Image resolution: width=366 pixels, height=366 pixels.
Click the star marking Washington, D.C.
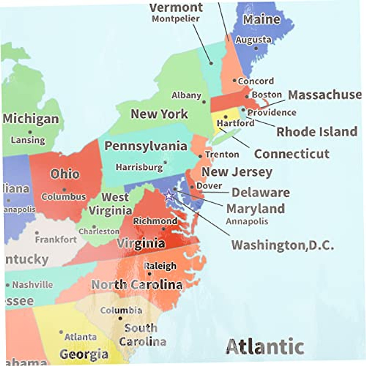(x=169, y=195)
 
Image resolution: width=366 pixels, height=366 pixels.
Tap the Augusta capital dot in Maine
(x=256, y=48)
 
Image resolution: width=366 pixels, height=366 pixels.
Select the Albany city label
(x=186, y=95)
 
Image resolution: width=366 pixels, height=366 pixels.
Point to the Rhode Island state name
(x=317, y=132)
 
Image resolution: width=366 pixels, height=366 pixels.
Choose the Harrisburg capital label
(x=139, y=167)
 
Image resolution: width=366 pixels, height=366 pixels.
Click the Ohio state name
(x=65, y=174)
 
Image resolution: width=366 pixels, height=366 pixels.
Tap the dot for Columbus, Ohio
(x=64, y=190)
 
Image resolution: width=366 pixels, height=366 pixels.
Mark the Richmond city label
(x=155, y=221)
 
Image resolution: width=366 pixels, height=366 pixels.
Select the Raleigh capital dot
(x=149, y=274)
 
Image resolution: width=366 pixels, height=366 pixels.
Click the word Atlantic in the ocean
(x=265, y=346)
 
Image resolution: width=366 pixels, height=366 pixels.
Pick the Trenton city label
(x=222, y=155)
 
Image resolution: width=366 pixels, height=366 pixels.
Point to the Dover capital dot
(x=192, y=187)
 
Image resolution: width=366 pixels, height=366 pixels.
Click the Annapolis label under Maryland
(x=247, y=221)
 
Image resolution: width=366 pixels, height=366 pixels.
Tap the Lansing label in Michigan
(x=28, y=140)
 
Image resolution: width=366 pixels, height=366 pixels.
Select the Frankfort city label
(x=56, y=240)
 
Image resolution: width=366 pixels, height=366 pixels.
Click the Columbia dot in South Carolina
(x=120, y=318)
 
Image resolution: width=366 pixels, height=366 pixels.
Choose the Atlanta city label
(x=81, y=337)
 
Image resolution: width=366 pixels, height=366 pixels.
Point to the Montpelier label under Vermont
(x=176, y=19)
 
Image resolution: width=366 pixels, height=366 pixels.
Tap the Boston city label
(x=267, y=95)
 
